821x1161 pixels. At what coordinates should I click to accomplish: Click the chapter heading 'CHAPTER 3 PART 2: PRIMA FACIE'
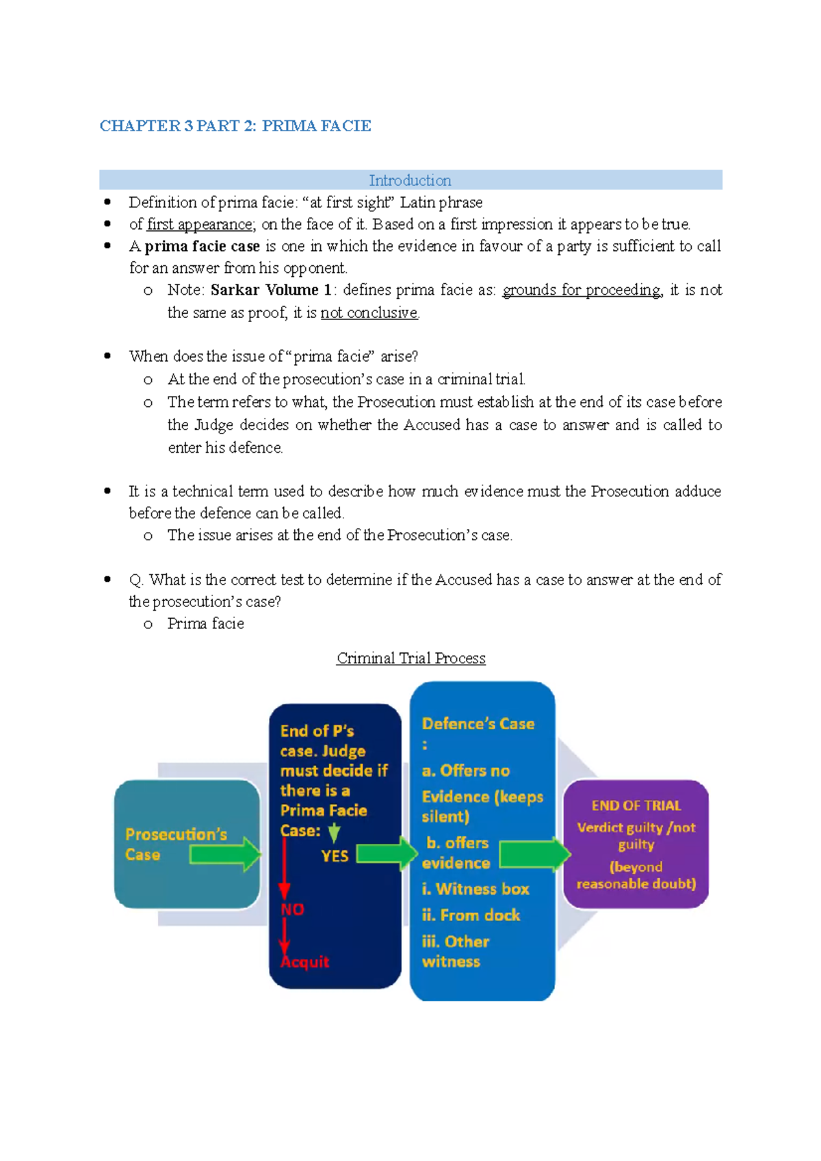235,126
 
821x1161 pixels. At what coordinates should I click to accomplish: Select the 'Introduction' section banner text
410,181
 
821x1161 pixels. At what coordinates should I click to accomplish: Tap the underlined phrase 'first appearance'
200,224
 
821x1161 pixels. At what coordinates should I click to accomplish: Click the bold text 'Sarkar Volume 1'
271,290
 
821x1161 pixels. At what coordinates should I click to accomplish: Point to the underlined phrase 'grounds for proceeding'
582,290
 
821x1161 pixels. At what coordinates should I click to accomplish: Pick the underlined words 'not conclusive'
369,312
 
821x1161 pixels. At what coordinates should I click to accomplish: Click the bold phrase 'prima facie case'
202,246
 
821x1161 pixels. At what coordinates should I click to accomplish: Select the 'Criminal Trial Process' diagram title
410,658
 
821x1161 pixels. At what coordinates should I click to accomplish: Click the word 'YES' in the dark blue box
335,856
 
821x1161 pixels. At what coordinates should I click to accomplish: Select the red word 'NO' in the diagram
293,909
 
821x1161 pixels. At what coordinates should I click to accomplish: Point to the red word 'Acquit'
305,961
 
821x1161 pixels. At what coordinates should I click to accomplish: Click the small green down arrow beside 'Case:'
334,832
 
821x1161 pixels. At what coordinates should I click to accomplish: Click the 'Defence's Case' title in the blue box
478,723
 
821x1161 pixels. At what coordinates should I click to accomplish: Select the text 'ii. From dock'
471,915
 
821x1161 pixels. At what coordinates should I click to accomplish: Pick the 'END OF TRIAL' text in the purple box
636,805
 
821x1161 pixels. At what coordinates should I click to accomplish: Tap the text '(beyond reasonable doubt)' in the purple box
636,875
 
